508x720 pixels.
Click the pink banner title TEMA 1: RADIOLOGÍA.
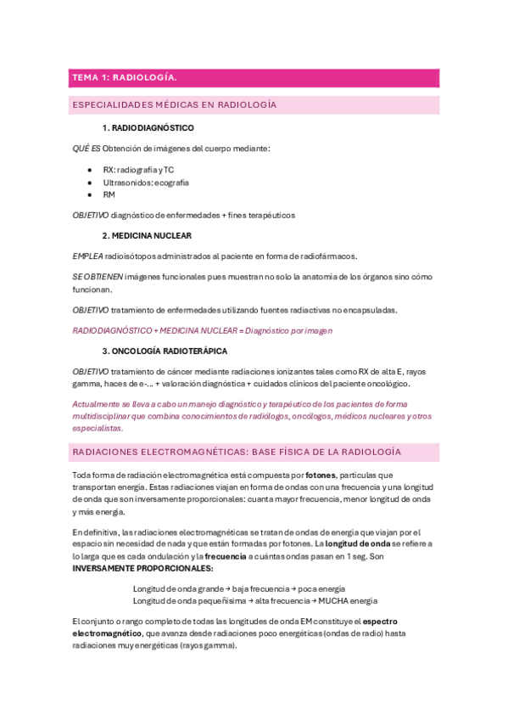[x=124, y=78]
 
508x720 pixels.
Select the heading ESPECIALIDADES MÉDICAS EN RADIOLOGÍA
[x=175, y=105]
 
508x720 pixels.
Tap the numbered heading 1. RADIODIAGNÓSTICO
[x=148, y=128]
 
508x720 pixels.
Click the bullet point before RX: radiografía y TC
[x=89, y=170]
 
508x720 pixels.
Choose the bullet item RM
[x=109, y=194]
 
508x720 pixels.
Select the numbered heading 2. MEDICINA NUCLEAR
[x=147, y=235]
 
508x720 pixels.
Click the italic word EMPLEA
[x=89, y=256]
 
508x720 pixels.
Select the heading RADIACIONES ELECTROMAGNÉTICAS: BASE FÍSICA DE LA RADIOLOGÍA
[x=237, y=452]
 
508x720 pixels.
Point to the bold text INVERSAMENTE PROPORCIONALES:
[x=142, y=567]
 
